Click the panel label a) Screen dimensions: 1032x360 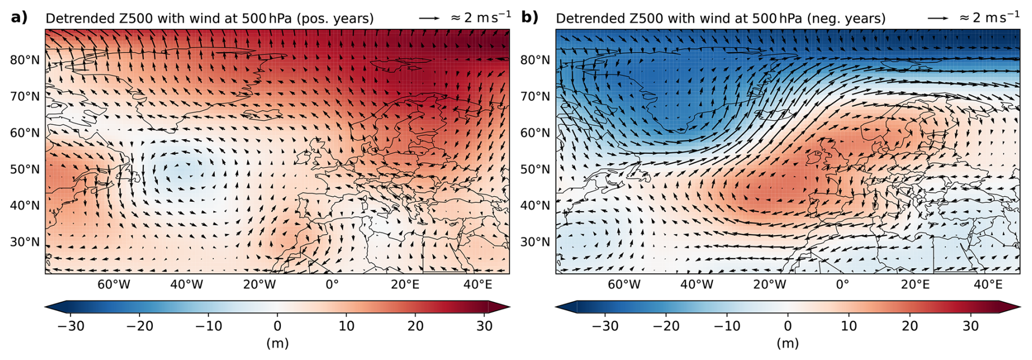pyautogui.click(x=19, y=17)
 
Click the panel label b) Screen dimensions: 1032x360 pyautogui.click(x=530, y=17)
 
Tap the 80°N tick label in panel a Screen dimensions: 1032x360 pyautogui.click(x=25, y=60)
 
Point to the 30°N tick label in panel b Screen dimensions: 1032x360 pyautogui.click(x=535, y=242)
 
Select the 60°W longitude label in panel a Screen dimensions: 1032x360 pyautogui.click(x=113, y=284)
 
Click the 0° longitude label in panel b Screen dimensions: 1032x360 pyautogui.click(x=843, y=284)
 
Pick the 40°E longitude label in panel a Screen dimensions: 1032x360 pyautogui.click(x=478, y=284)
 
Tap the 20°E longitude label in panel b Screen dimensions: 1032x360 pyautogui.click(x=915, y=284)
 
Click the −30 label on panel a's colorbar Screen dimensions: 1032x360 pyautogui.click(x=71, y=326)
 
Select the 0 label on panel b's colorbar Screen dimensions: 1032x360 pyautogui.click(x=788, y=326)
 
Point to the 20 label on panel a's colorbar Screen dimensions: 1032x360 pyautogui.click(x=416, y=326)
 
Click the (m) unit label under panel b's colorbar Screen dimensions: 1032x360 pyautogui.click(x=788, y=343)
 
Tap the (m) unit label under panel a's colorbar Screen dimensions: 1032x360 pyautogui.click(x=277, y=343)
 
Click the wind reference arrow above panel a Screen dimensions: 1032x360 pyautogui.click(x=429, y=18)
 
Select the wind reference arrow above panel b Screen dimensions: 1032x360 pyautogui.click(x=938, y=18)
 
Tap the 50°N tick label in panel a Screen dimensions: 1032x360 pyautogui.click(x=25, y=169)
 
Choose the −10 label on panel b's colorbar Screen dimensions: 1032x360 pyautogui.click(x=727, y=326)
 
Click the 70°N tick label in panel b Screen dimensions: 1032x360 pyautogui.click(x=535, y=97)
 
